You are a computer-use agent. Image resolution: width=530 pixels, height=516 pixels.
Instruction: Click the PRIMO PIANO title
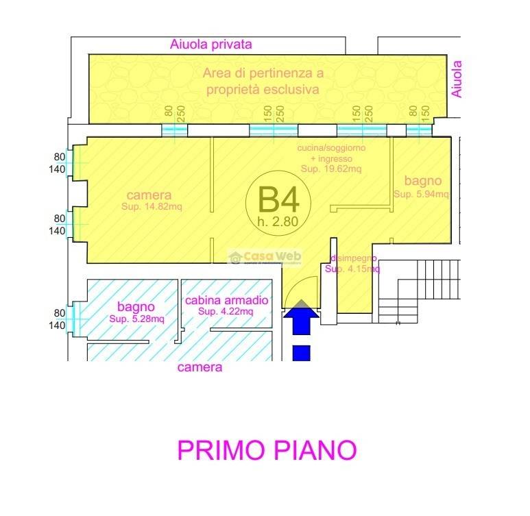(x=267, y=450)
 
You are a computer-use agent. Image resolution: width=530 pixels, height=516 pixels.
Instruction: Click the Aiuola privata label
(x=211, y=45)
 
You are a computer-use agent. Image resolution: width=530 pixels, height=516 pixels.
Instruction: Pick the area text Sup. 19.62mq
(x=332, y=168)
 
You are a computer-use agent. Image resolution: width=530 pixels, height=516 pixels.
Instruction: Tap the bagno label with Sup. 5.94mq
(x=422, y=182)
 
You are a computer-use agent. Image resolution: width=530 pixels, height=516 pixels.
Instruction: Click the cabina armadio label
(x=226, y=301)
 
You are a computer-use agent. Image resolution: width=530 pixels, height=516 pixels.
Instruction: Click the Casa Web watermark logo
(x=265, y=256)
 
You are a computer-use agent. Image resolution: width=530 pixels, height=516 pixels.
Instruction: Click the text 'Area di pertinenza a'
(x=263, y=73)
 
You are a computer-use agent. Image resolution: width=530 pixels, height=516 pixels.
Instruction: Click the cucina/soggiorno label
(x=332, y=148)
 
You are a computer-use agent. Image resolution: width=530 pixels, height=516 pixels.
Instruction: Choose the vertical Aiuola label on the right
(x=457, y=79)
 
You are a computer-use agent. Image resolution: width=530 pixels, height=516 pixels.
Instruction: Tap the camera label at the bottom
(x=200, y=367)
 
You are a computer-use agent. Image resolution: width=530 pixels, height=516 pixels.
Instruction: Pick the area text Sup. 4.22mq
(x=226, y=312)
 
